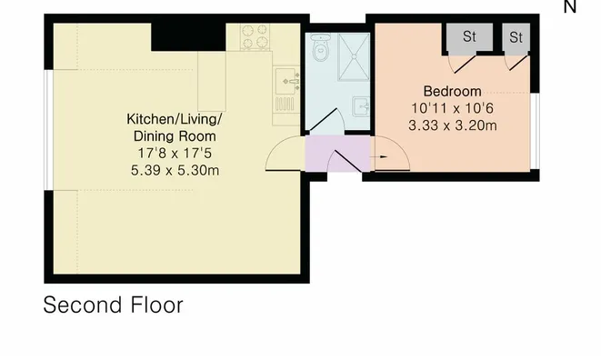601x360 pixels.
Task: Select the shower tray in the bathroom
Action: tap(354, 56)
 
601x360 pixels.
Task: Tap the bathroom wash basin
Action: tap(361, 106)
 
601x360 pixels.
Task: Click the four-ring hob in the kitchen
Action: tap(255, 36)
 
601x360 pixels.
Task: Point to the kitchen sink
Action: tap(287, 81)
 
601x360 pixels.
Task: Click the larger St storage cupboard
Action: tap(469, 36)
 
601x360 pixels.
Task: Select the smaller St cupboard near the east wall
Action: tap(516, 37)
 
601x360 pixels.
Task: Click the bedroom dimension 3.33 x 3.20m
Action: tap(452, 125)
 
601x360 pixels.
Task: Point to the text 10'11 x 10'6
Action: tap(452, 108)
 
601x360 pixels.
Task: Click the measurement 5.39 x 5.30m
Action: tap(175, 170)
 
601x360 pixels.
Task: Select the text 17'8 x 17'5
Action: tap(175, 154)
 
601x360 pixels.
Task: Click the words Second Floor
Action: tap(113, 305)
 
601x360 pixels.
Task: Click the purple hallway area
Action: tap(337, 154)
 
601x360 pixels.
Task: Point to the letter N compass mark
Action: tap(569, 6)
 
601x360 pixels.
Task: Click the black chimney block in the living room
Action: tap(188, 36)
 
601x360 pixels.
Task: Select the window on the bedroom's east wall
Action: tap(535, 131)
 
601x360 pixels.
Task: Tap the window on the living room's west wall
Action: tap(49, 130)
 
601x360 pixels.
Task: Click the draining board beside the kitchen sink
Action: tap(285, 105)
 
